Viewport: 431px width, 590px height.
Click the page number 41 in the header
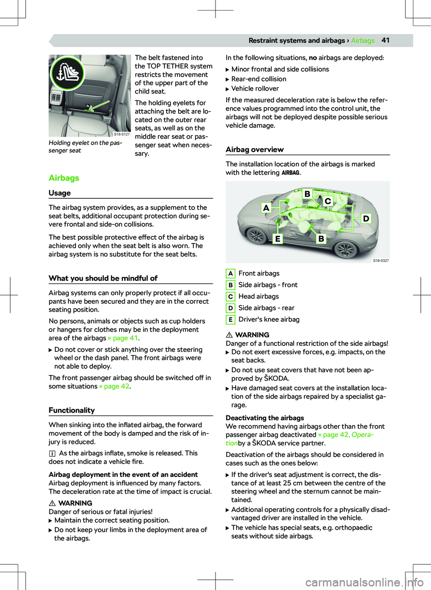[x=385, y=40]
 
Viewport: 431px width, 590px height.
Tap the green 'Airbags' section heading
[x=64, y=178]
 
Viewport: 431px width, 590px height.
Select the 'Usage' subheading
[x=60, y=193]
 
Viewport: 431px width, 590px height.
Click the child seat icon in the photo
[x=67, y=73]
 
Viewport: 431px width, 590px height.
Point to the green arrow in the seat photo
[x=93, y=107]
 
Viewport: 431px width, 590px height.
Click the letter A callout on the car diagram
[x=266, y=208]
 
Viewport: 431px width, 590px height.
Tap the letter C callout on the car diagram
[x=328, y=201]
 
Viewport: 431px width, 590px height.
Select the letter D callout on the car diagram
[x=366, y=219]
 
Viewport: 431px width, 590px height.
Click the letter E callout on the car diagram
[x=277, y=239]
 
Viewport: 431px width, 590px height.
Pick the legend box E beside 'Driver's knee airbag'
[x=230, y=319]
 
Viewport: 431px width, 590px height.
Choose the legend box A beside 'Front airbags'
[x=230, y=273]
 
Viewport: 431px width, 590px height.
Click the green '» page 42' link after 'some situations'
[x=114, y=386]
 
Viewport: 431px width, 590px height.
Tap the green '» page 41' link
[x=123, y=338]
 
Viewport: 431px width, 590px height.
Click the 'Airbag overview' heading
[x=255, y=149]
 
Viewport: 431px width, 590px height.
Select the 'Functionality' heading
[x=72, y=410]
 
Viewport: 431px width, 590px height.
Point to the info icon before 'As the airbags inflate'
[x=53, y=454]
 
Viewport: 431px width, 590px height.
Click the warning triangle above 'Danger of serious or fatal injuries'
[x=52, y=503]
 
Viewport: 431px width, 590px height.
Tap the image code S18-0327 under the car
[x=381, y=261]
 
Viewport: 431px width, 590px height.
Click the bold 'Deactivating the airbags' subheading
[x=265, y=418]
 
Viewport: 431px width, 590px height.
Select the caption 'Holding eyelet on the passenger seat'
[x=85, y=147]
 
